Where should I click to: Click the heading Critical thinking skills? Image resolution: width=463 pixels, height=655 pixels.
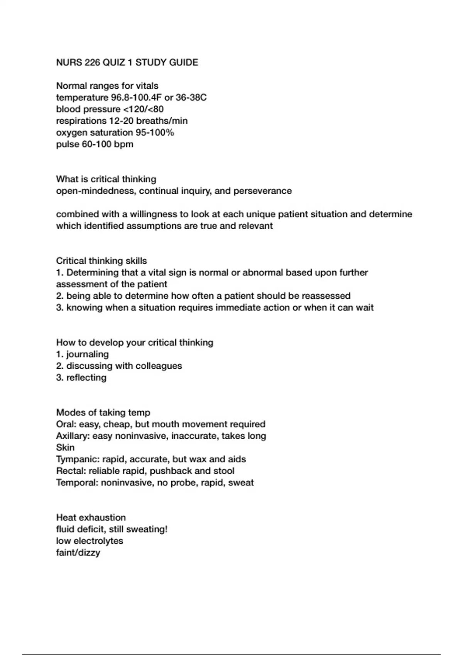101,261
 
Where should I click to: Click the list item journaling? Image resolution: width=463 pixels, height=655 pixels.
87,354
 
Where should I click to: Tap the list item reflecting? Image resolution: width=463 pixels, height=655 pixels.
86,378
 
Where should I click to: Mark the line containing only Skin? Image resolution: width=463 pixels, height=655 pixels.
65,448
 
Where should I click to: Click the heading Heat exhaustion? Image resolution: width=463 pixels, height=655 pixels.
91,517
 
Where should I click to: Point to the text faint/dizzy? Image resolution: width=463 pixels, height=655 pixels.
78,553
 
